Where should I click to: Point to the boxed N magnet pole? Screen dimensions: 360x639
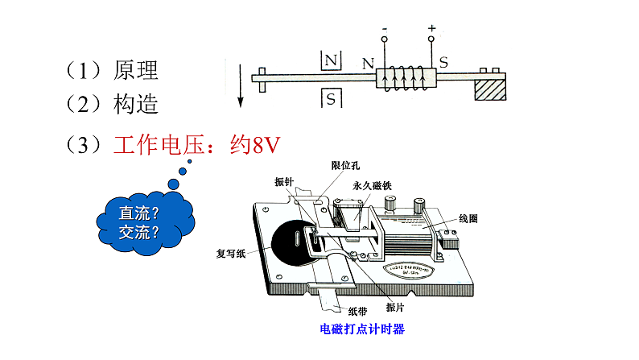click(x=331, y=60)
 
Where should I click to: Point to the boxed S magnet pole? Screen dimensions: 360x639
click(x=331, y=98)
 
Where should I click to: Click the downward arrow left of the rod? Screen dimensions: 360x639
click(x=240, y=84)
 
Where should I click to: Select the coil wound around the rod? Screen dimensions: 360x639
click(x=406, y=79)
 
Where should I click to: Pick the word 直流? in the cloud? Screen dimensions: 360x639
click(x=138, y=214)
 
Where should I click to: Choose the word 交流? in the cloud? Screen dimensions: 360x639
click(x=138, y=233)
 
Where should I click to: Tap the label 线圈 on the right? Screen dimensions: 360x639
click(x=468, y=219)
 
